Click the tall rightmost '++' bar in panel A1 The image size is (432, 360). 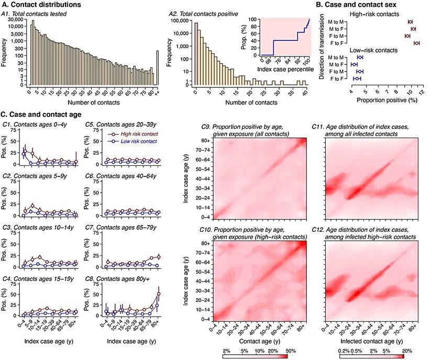(158, 68)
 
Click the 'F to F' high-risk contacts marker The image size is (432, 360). (416, 43)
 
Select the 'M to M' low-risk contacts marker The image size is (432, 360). (360, 57)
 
